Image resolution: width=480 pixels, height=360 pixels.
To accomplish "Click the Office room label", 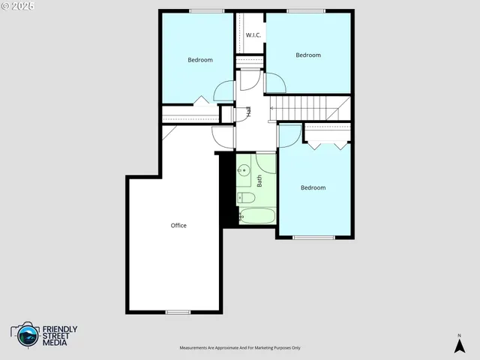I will point(178,226).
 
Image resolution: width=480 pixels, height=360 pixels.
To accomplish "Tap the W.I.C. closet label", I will point(253,35).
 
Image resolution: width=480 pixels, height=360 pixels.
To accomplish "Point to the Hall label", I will point(248,112).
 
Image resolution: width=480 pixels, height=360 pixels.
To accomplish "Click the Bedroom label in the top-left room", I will point(200,60).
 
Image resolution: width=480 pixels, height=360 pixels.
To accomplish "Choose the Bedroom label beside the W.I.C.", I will point(307,55).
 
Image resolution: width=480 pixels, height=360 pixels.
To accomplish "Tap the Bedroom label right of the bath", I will point(313,187).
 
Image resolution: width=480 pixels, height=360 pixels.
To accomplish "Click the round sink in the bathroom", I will point(243,171).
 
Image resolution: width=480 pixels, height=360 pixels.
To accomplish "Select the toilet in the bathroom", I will point(246,198).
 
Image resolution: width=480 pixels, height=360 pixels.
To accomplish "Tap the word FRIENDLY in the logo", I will point(60,329).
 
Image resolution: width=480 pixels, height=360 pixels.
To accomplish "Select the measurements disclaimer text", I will point(239,348).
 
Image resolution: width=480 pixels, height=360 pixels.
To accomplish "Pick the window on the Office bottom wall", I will point(178,312).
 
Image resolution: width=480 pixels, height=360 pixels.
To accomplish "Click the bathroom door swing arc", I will point(265,161).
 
